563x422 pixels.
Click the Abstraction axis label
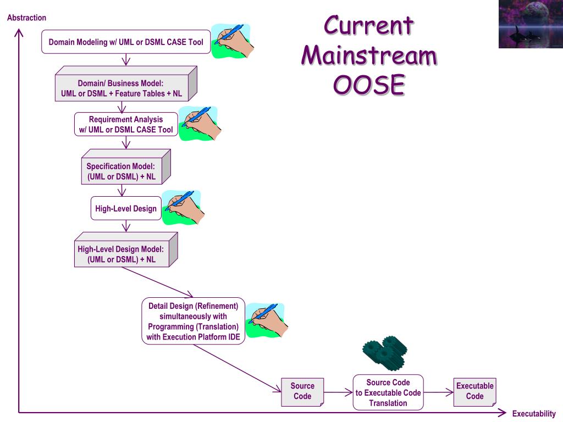pyautogui.click(x=26, y=18)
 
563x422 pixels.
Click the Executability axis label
pyautogui.click(x=533, y=413)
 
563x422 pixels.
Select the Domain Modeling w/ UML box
pyautogui.click(x=126, y=42)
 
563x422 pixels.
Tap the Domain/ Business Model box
pyautogui.click(x=126, y=84)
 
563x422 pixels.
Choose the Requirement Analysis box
pyautogui.click(x=126, y=124)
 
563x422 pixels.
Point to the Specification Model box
pyautogui.click(x=126, y=167)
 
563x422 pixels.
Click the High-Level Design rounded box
pyautogui.click(x=126, y=208)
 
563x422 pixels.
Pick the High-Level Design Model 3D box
pyautogui.click(x=126, y=249)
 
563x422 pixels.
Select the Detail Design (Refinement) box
pyautogui.click(x=193, y=321)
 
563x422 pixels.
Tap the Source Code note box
pyautogui.click(x=302, y=392)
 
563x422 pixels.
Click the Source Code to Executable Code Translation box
pyautogui.click(x=388, y=392)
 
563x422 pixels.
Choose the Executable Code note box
pyautogui.click(x=474, y=392)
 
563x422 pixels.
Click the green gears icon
pyautogui.click(x=385, y=353)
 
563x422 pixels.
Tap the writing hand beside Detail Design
pyautogui.click(x=266, y=320)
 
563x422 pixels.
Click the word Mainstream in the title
pyautogui.click(x=369, y=56)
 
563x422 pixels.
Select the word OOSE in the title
pyautogui.click(x=369, y=85)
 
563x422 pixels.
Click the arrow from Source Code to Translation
pyautogui.click(x=338, y=392)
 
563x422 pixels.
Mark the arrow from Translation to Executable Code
pyautogui.click(x=438, y=392)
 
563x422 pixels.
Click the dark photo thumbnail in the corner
pyautogui.click(x=531, y=24)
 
